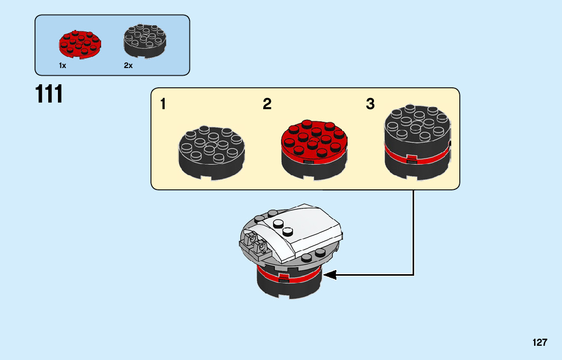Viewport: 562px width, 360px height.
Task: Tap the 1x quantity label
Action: coord(63,66)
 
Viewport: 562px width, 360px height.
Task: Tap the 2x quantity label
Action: coord(128,66)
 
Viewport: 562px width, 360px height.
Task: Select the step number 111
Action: coord(49,94)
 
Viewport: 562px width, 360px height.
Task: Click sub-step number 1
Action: coord(163,105)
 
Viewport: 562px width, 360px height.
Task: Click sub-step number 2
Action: coord(267,105)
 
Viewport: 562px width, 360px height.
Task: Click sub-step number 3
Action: coord(370,105)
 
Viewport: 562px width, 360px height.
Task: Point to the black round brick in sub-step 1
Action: coord(212,152)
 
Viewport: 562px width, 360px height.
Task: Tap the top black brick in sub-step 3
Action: coord(417,129)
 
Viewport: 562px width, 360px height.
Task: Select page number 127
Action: coord(540,342)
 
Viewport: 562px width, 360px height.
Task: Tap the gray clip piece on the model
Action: coord(254,243)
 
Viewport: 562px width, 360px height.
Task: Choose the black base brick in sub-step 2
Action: coord(314,168)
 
